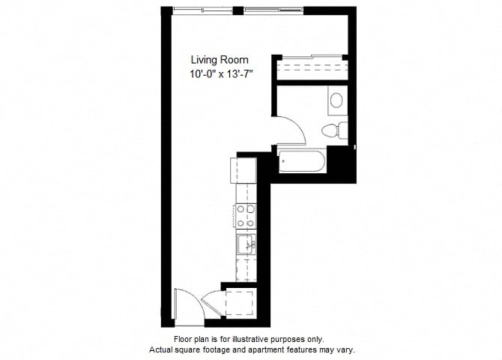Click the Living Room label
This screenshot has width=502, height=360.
pos(220,60)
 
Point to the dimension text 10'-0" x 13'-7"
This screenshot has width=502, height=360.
pos(221,74)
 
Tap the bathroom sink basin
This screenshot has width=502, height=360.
pos(336,100)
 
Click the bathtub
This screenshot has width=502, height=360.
pos(302,161)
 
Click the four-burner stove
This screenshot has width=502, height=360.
pos(247,217)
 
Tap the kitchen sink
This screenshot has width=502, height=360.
pos(247,244)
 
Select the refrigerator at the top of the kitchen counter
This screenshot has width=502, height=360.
pos(243,170)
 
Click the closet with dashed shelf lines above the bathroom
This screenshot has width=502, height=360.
pos(312,67)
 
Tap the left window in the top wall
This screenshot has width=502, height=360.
pos(202,11)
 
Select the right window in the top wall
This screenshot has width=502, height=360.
pos(273,11)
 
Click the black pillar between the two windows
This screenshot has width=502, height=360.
pos(238,11)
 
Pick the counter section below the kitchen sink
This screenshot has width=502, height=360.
pos(247,270)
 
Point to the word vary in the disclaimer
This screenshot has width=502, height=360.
pos(347,349)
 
